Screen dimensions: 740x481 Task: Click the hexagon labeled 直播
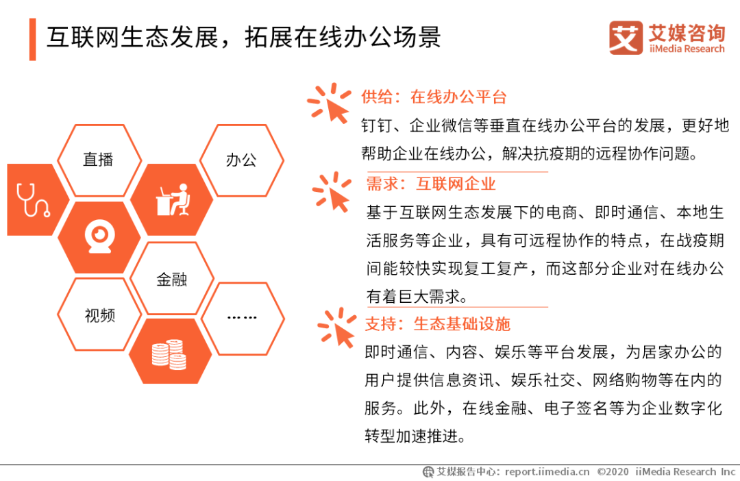click(x=99, y=160)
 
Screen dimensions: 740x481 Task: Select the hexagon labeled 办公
click(x=242, y=160)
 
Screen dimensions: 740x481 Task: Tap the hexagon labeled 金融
click(x=172, y=278)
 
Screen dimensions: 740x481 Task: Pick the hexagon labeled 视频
click(x=99, y=314)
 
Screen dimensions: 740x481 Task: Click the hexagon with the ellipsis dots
click(x=243, y=318)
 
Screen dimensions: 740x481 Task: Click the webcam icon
click(x=100, y=236)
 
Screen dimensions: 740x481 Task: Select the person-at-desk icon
click(x=173, y=200)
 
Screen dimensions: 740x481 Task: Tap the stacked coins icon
click(x=169, y=354)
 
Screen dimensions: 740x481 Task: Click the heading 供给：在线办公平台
click(x=434, y=97)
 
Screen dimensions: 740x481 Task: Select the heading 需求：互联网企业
click(x=431, y=184)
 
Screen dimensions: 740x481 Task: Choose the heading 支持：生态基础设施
click(x=437, y=324)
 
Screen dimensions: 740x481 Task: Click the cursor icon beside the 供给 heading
click(x=330, y=103)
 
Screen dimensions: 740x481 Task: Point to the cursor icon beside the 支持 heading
click(x=338, y=328)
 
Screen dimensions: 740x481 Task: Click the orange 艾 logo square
click(x=626, y=38)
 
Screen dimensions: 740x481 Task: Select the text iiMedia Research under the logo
click(x=687, y=49)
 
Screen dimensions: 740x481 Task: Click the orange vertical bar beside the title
click(x=33, y=40)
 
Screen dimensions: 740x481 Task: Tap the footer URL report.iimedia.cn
click(x=547, y=471)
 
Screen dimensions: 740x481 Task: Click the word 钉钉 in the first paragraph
click(x=377, y=125)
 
